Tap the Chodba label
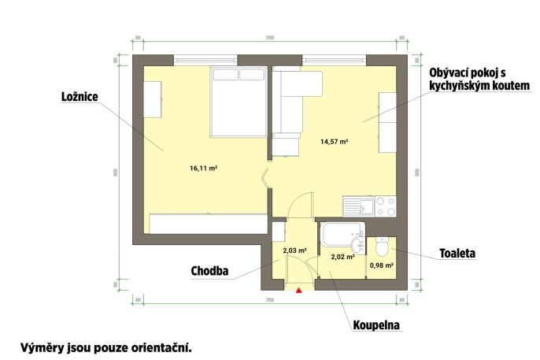point(209,271)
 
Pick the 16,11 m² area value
point(203,168)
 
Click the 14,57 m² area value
point(334,143)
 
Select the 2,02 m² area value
point(342,256)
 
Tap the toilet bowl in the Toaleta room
point(382,248)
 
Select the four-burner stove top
point(386,206)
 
